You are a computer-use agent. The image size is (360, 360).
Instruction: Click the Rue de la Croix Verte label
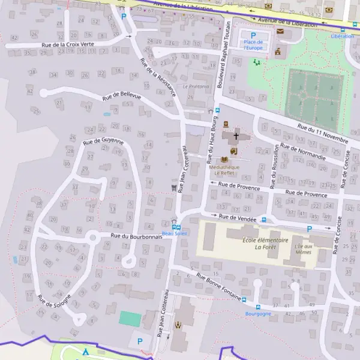click(68, 44)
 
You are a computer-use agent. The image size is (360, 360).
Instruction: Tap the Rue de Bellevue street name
click(121, 96)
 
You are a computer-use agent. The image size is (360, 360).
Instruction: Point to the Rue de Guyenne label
click(103, 142)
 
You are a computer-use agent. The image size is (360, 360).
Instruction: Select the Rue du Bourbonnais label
click(137, 236)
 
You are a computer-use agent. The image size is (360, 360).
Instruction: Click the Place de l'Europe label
click(253, 44)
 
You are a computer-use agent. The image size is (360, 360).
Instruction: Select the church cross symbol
click(236, 136)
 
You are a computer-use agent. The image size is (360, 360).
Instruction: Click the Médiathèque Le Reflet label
click(224, 170)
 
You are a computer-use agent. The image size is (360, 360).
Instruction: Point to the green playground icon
click(257, 62)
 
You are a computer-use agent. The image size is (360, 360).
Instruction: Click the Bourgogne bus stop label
click(259, 314)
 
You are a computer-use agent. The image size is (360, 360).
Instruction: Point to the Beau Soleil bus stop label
click(175, 233)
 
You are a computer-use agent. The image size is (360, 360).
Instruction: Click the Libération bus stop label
click(342, 36)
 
